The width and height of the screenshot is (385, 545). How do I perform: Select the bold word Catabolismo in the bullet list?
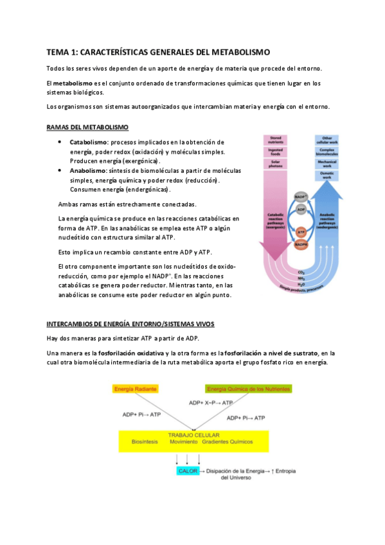click(x=88, y=142)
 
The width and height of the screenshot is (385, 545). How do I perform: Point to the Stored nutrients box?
click(x=276, y=139)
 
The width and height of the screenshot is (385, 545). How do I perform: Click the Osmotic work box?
click(x=327, y=175)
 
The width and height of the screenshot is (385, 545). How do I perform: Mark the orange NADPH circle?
click(x=301, y=245)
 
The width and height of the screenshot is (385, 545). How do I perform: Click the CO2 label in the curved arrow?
click(x=301, y=272)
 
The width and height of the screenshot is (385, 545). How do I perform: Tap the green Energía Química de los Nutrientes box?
click(x=249, y=389)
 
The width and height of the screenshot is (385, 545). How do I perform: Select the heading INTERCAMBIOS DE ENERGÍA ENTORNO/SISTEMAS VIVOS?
click(x=130, y=323)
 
